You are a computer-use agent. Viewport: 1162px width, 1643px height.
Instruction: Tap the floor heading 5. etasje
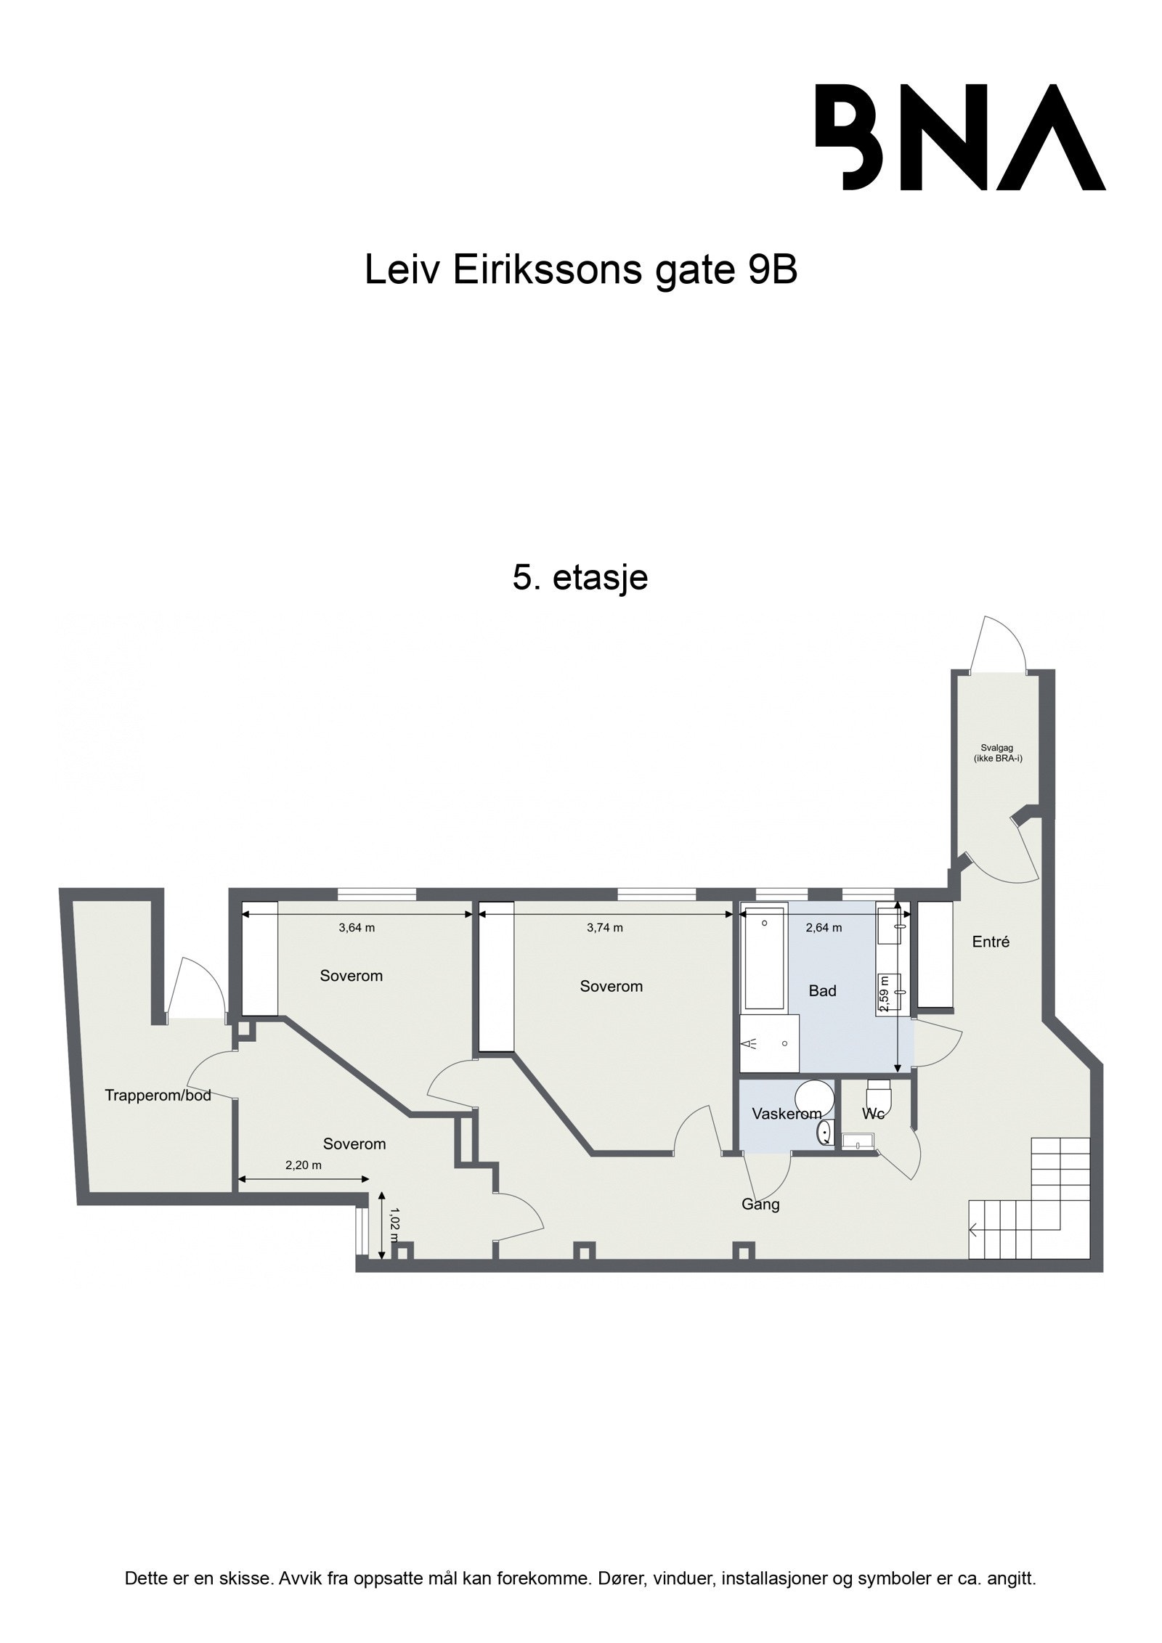pyautogui.click(x=580, y=578)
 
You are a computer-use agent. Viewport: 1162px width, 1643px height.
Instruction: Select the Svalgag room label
pyautogui.click(x=998, y=752)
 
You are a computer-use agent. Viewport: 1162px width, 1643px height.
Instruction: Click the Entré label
pyautogui.click(x=991, y=942)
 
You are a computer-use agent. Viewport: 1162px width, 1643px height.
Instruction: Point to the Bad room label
pyautogui.click(x=822, y=991)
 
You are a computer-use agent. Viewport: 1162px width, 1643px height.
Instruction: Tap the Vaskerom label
pyautogui.click(x=787, y=1114)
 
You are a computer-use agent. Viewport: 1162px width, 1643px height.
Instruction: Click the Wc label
pyautogui.click(x=873, y=1114)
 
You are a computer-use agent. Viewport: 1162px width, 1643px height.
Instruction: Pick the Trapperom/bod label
pyautogui.click(x=158, y=1096)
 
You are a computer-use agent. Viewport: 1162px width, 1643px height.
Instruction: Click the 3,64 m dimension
pyautogui.click(x=357, y=928)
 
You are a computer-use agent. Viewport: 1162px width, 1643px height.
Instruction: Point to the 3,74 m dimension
pyautogui.click(x=604, y=928)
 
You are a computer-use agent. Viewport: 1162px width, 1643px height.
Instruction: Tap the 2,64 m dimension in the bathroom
pyautogui.click(x=824, y=928)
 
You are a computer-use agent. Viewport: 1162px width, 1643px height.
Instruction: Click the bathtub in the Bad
pyautogui.click(x=764, y=958)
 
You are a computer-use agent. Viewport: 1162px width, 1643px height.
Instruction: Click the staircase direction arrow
pyautogui.click(x=977, y=1230)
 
